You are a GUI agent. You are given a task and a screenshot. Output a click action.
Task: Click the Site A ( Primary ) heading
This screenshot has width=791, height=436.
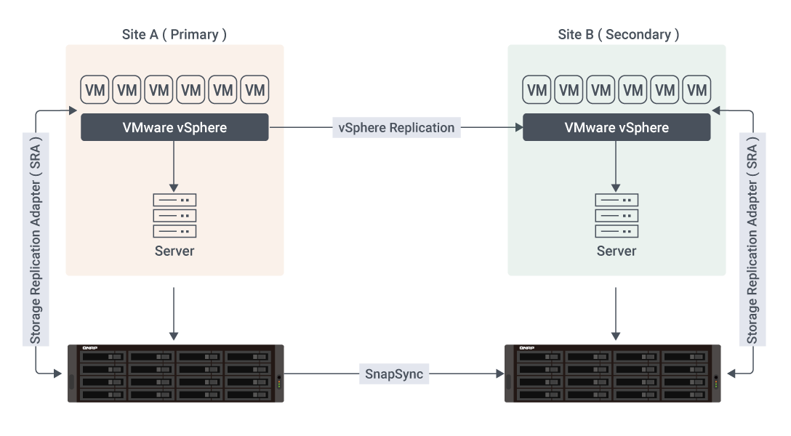[x=174, y=34]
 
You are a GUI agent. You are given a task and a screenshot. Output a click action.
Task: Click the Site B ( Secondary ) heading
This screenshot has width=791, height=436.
[x=618, y=34]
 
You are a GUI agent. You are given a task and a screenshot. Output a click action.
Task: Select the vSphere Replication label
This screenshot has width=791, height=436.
[x=396, y=127]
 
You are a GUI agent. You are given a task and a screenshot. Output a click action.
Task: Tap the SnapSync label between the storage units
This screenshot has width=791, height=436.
[x=394, y=374]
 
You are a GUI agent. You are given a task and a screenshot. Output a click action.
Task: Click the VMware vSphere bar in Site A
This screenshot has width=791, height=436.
[x=174, y=127]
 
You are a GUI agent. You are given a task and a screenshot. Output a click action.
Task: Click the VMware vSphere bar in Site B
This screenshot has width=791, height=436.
[x=617, y=127]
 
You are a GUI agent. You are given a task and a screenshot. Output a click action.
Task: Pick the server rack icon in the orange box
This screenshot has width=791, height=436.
[x=174, y=215]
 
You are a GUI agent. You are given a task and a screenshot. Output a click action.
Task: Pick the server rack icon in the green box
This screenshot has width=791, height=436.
[x=617, y=215]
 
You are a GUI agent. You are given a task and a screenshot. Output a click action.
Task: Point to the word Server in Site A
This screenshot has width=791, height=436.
[x=174, y=251]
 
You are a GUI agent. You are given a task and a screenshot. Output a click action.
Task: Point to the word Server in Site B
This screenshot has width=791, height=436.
[x=617, y=251]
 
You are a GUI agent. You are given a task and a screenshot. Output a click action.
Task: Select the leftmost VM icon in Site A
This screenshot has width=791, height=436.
[x=95, y=90]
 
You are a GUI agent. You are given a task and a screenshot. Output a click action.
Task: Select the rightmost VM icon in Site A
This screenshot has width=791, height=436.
[x=254, y=90]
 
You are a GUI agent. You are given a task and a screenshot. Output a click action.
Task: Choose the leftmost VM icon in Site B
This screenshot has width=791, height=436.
[x=537, y=90]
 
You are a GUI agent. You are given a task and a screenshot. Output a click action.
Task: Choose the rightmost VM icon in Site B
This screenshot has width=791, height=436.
[x=696, y=90]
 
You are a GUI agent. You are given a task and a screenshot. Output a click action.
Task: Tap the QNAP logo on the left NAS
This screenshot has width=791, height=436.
[x=89, y=349]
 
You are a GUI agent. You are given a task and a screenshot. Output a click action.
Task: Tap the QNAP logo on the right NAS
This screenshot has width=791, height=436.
[x=526, y=349]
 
